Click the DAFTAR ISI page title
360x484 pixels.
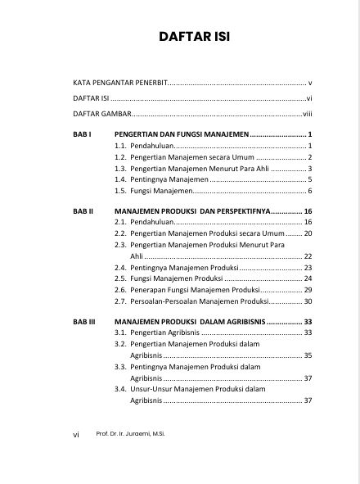click(x=181, y=36)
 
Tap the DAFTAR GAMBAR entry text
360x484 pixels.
click(x=101, y=114)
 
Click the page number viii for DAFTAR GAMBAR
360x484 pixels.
click(x=308, y=114)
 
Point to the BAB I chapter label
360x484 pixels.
click(x=80, y=133)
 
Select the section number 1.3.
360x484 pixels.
click(x=119, y=167)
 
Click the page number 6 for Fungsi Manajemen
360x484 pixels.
click(x=311, y=190)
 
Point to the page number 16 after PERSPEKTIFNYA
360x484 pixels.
click(x=308, y=210)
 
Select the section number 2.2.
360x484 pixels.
click(x=119, y=233)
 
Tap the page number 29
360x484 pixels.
click(x=308, y=290)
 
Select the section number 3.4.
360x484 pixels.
click(x=119, y=390)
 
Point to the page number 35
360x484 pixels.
click(x=308, y=355)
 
